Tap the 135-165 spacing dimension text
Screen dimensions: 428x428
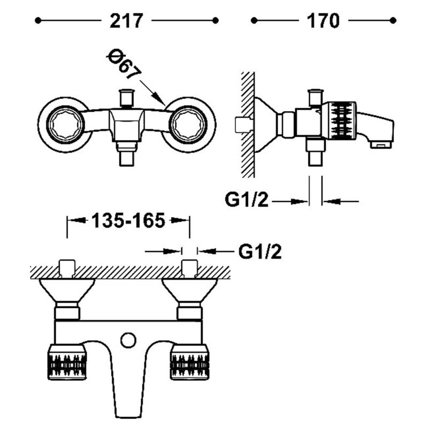(128, 220)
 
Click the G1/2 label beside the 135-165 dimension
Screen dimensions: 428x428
(260, 250)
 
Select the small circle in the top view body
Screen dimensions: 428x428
(128, 340)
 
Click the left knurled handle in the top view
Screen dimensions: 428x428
(67, 362)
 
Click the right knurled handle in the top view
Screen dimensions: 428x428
(189, 362)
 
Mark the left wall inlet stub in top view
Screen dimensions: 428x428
(66, 268)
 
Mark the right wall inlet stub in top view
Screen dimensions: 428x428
(189, 268)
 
